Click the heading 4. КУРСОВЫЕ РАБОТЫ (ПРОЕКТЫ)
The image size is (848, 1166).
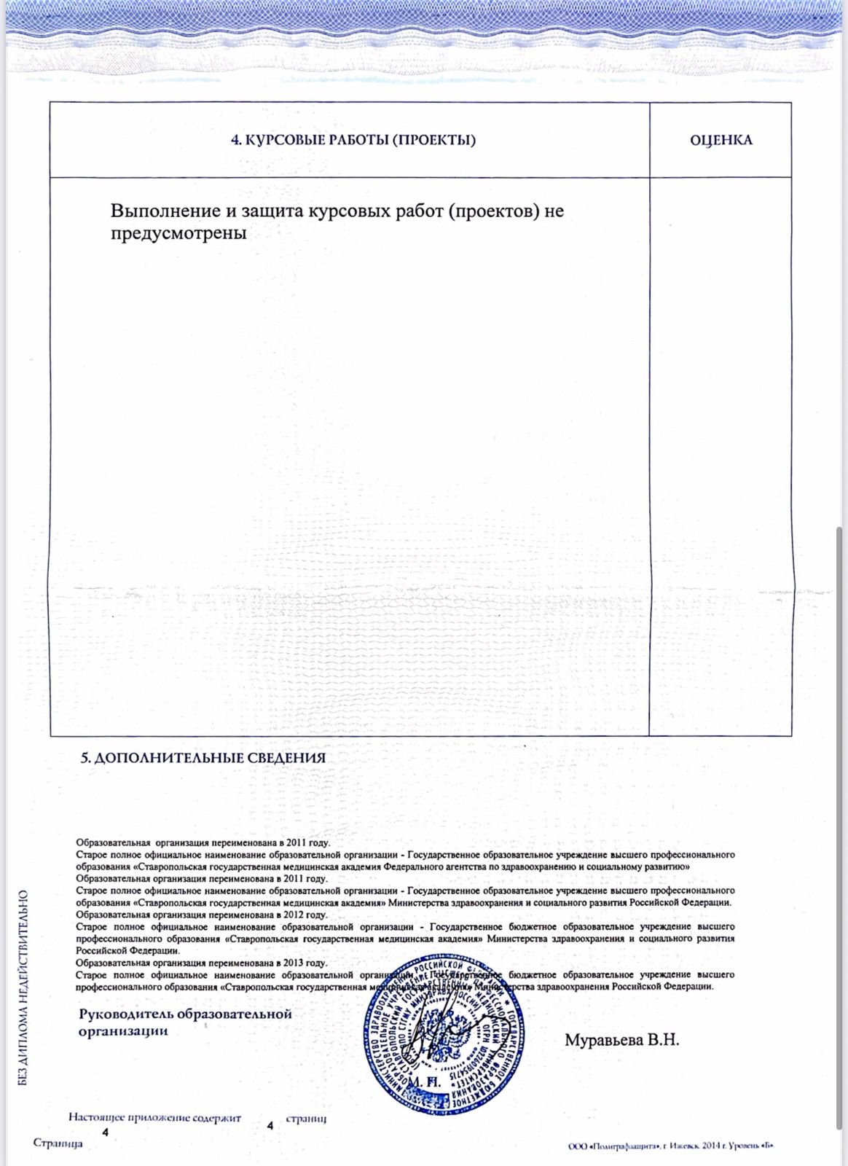click(x=353, y=140)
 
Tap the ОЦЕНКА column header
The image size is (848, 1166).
click(x=721, y=140)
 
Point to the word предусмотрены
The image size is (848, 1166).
click(x=178, y=233)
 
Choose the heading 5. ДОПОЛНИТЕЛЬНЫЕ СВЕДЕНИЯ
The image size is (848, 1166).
click(x=203, y=758)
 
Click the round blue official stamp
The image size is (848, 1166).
click(x=442, y=1035)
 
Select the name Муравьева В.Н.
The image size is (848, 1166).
click(x=621, y=1040)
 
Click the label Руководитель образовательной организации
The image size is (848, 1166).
click(x=185, y=1022)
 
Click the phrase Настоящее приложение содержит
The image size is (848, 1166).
click(x=154, y=1117)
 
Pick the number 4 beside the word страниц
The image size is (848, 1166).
click(x=270, y=1126)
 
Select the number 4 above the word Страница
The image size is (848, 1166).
click(x=106, y=1132)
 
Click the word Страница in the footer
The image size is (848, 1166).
click(x=58, y=1143)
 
